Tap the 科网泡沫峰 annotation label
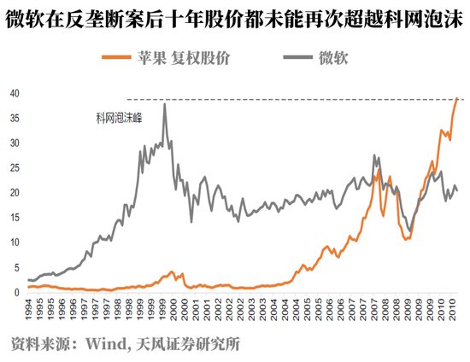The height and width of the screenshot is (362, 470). (x=119, y=117)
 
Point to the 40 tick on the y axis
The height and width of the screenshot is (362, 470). (x=15, y=94)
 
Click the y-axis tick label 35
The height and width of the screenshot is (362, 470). (x=15, y=119)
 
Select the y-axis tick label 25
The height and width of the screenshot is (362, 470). (x=15, y=168)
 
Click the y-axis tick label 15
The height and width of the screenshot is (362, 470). (x=15, y=218)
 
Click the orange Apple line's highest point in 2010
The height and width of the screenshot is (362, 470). (x=457, y=98)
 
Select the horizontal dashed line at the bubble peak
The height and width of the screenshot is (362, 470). (x=291, y=99)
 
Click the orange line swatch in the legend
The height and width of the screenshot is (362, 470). (x=115, y=58)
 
